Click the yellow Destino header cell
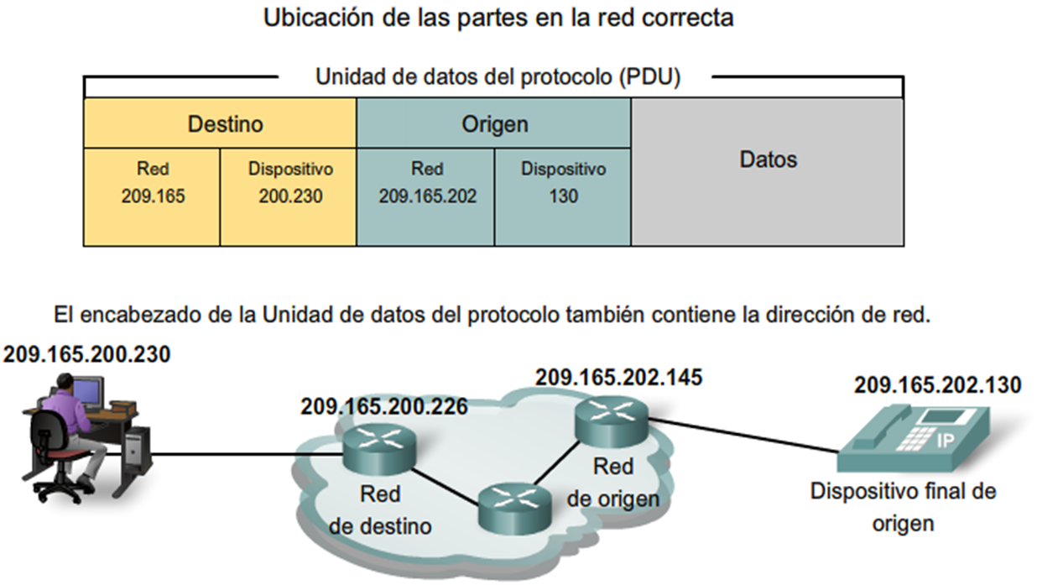coord(220,124)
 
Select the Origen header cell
coord(494,124)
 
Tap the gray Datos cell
coord(768,171)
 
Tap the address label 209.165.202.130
coord(937,385)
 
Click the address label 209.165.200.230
coord(86,355)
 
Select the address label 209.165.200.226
coord(383,408)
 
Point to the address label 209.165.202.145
coord(618,377)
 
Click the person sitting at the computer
coord(67,428)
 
